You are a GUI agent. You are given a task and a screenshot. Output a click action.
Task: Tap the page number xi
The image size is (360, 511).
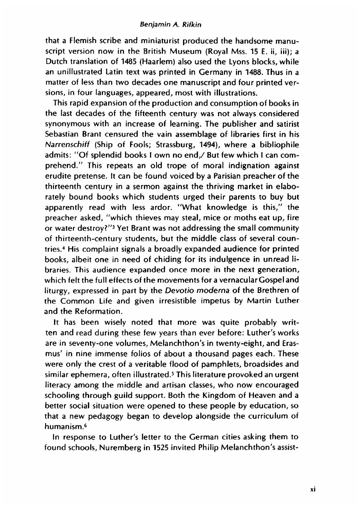coord(313,489)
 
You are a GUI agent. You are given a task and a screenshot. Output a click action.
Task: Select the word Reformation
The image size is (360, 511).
coord(95,311)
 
